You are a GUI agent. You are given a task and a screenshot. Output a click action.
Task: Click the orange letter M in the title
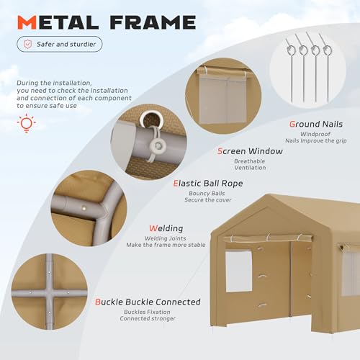click(x=27, y=22)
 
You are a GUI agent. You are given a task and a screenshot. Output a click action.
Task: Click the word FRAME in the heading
click(x=153, y=22)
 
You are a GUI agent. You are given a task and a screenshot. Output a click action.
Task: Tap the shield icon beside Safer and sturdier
click(x=27, y=44)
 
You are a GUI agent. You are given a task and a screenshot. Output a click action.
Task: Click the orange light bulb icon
click(x=27, y=123)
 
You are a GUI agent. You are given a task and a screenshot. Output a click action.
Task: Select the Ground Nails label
click(x=316, y=124)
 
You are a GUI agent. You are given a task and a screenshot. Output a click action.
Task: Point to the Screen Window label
click(x=250, y=151)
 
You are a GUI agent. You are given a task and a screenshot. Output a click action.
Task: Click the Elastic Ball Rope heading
click(x=208, y=184)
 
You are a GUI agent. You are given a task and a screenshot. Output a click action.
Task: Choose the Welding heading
click(x=166, y=228)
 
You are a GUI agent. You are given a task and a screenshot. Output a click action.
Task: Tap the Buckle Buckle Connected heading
click(x=148, y=302)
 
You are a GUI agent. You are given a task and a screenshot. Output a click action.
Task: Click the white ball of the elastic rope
click(x=158, y=145)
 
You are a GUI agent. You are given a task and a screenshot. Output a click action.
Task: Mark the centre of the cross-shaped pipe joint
click(x=49, y=293)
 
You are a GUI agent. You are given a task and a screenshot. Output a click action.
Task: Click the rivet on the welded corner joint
click(x=84, y=209)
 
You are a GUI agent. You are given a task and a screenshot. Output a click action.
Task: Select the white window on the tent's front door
click(x=239, y=271)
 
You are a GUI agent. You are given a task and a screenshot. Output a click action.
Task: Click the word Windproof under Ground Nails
click(x=315, y=134)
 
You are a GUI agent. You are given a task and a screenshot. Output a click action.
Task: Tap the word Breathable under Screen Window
click(x=250, y=161)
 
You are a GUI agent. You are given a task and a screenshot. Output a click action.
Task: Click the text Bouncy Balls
click(x=207, y=194)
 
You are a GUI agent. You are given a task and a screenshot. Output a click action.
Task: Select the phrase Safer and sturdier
click(x=66, y=44)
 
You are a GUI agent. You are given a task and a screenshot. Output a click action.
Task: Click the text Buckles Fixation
click(x=147, y=312)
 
